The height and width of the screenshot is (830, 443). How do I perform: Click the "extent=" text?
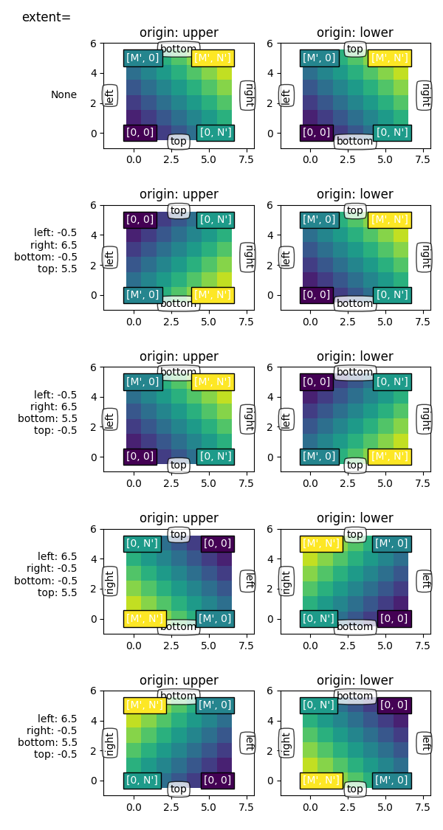46,17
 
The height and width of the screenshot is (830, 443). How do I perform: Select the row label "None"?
63,94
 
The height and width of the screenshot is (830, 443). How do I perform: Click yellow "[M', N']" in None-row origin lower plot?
390,58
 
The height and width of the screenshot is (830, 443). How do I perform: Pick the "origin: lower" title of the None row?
355,32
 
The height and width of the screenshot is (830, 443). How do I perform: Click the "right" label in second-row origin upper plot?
249,257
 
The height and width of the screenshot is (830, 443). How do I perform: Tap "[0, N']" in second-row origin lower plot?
391,295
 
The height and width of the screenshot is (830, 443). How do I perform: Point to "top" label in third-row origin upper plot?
179,465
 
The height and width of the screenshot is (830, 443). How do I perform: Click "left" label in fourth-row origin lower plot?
425,581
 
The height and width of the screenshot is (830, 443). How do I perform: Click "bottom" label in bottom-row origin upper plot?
179,696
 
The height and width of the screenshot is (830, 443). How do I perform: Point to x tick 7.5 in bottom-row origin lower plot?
422,809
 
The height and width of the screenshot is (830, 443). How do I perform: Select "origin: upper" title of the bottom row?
179,680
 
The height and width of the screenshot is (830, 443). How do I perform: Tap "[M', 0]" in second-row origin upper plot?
142,295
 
